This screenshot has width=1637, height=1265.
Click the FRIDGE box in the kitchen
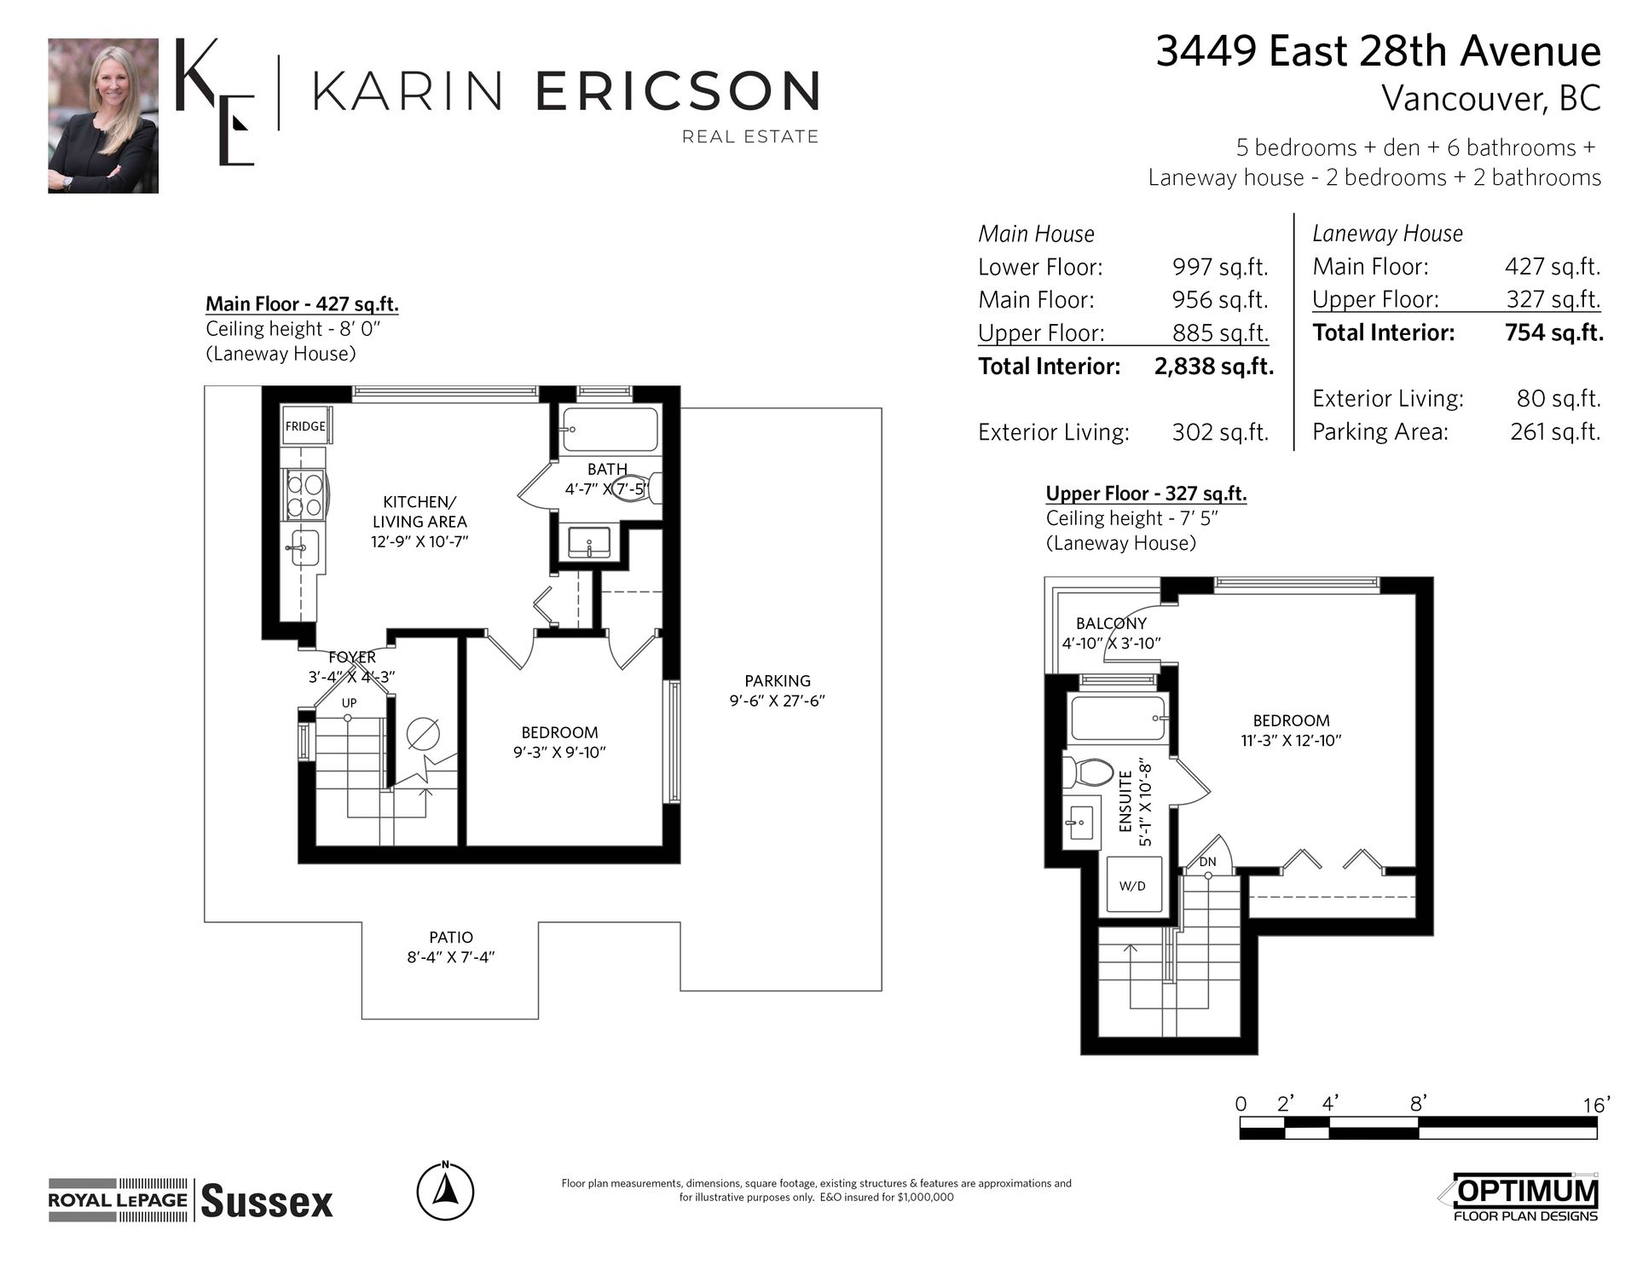tap(306, 425)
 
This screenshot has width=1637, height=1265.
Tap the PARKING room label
tap(778, 681)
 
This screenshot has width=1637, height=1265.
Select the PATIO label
tap(451, 937)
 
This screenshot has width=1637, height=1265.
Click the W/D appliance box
tap(1132, 885)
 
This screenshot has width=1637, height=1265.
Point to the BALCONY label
tap(1111, 623)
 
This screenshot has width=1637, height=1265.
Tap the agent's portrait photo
tap(103, 116)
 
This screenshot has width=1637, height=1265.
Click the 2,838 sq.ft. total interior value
tap(1214, 367)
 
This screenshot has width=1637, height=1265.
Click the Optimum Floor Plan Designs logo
tap(1525, 1200)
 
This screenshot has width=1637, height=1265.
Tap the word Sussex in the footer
tap(267, 1202)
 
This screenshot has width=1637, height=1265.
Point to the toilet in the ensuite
tap(1088, 772)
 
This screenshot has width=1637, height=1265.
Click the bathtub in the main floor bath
tap(609, 430)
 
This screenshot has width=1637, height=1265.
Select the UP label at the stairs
tap(349, 703)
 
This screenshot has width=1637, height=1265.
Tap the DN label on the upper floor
tap(1207, 862)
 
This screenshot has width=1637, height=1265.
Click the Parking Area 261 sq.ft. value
tap(1555, 432)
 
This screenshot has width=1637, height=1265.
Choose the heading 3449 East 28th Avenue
tap(1378, 52)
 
